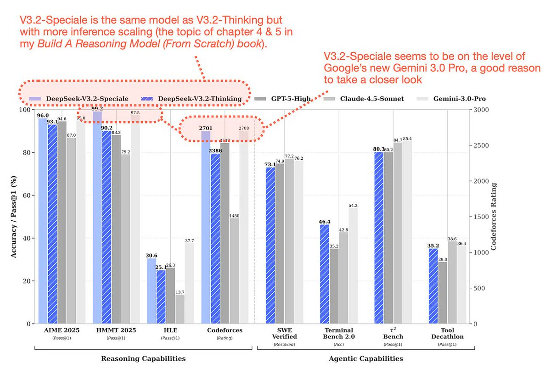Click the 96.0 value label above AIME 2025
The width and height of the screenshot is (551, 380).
(x=43, y=116)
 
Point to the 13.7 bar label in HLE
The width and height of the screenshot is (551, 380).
(x=180, y=292)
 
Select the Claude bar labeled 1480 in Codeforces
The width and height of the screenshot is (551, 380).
(x=234, y=271)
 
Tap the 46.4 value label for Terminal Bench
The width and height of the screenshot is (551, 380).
(x=325, y=221)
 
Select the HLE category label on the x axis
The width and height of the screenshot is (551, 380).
(x=170, y=330)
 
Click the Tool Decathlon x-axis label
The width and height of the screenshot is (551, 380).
(x=450, y=333)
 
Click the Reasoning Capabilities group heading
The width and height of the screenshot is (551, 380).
(x=143, y=358)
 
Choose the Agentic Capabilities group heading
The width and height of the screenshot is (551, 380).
(x=365, y=358)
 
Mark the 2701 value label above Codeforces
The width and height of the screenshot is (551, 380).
(x=206, y=129)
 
